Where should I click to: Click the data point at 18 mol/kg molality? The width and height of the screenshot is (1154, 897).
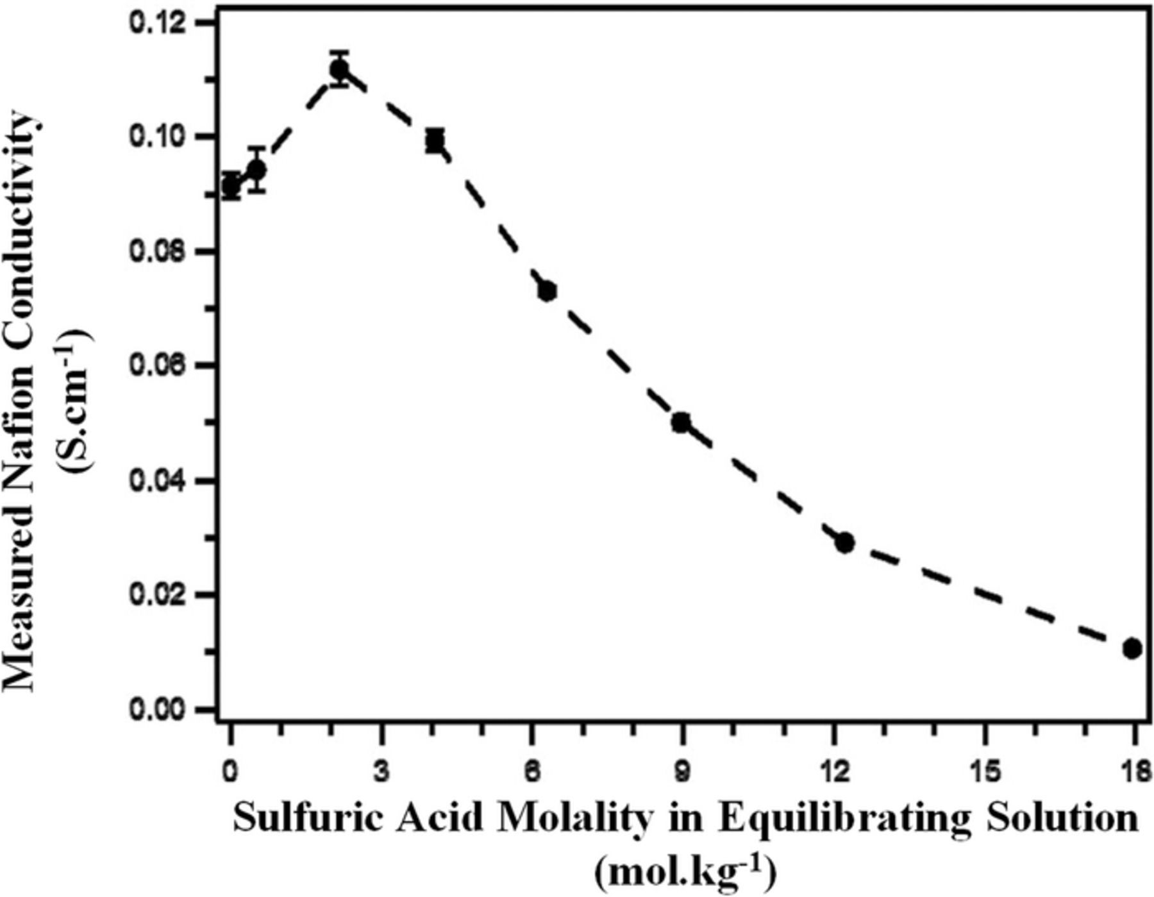tap(1132, 649)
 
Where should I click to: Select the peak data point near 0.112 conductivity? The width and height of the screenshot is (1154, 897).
tap(339, 69)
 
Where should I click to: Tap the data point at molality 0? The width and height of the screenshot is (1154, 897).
tap(231, 187)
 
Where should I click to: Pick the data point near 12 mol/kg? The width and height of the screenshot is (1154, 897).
tap(845, 542)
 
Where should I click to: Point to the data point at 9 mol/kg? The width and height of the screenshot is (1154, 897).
tap(681, 423)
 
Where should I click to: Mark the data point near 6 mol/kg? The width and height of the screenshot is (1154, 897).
tap(547, 291)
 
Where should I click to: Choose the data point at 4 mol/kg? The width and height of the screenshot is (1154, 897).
tap(435, 140)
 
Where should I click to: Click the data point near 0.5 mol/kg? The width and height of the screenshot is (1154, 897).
tap(257, 170)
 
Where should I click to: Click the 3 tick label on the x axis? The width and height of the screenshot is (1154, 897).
tap(381, 771)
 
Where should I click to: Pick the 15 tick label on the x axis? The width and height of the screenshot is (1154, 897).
tap(985, 771)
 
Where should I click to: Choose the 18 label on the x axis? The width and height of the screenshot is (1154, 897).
tap(1136, 771)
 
